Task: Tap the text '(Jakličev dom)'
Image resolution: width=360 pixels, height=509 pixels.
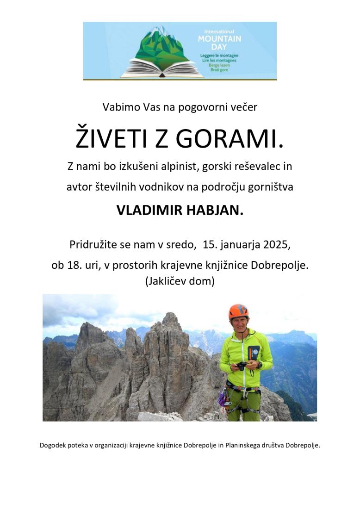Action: (180, 281)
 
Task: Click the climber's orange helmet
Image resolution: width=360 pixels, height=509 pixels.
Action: (238, 311)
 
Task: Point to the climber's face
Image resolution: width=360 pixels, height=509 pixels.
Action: (239, 324)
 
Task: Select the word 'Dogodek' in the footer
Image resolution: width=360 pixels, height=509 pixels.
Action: (53, 446)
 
